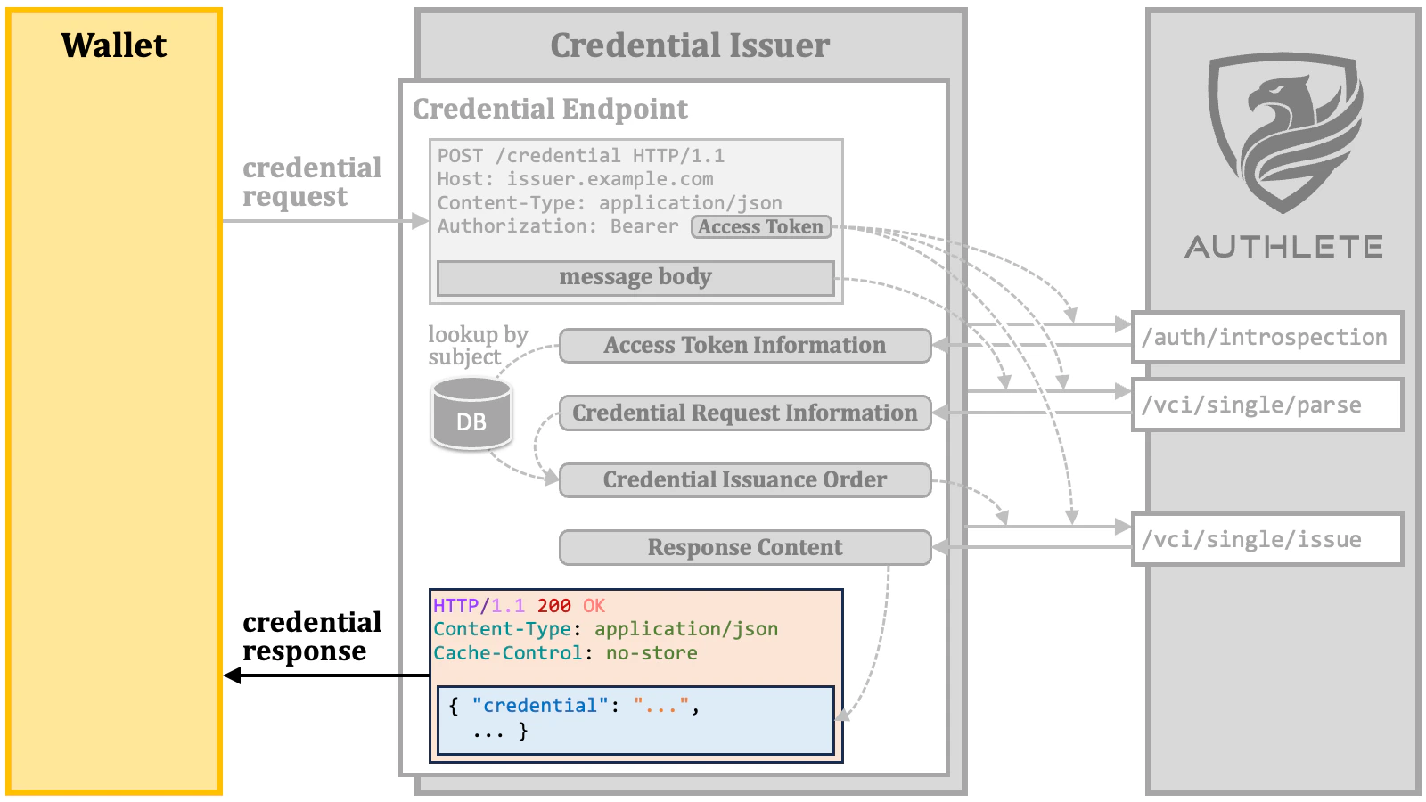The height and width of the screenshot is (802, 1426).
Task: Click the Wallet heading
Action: [x=113, y=45]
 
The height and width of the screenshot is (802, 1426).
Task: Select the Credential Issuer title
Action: [x=689, y=45]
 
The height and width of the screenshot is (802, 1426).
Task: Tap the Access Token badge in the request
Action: [x=760, y=227]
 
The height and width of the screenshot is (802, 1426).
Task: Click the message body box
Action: [x=635, y=277]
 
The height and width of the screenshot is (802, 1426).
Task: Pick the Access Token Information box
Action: [x=744, y=346]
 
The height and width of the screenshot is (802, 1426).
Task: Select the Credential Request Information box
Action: [x=744, y=413]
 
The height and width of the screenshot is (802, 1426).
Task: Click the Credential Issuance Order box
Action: [x=744, y=480]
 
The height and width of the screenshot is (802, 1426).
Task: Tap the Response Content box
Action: [x=744, y=548]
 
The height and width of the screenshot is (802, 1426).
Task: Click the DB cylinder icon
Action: [x=471, y=413]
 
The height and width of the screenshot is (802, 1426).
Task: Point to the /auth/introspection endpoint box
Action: [x=1266, y=338]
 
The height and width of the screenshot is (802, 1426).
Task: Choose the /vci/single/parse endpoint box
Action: [x=1266, y=405]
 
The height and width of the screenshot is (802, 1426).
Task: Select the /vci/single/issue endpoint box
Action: [x=1266, y=540]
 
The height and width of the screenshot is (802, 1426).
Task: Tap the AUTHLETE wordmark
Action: [x=1283, y=247]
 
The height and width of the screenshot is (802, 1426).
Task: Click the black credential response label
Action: [x=311, y=636]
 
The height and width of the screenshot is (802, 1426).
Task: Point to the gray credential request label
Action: [x=311, y=182]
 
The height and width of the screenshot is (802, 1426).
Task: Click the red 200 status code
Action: [x=553, y=606]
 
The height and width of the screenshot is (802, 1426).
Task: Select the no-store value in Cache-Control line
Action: [x=652, y=653]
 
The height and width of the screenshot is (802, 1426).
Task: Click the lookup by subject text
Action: [x=477, y=346]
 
